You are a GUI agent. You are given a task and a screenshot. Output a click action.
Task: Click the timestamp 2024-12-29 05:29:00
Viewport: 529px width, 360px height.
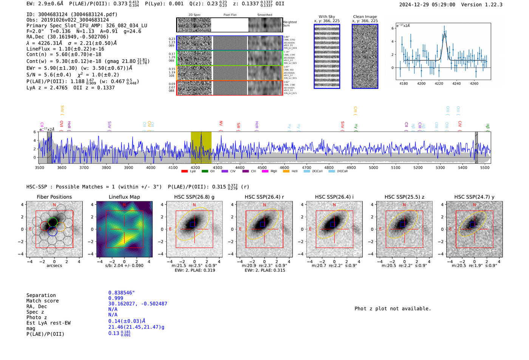[x=427, y=5]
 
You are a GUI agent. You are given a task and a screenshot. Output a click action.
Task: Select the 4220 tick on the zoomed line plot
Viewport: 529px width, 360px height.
[x=439, y=83]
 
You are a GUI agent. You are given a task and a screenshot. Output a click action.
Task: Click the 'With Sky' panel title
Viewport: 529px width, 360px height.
[x=327, y=17]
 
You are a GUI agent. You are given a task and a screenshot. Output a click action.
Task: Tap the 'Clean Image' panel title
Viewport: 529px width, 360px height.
[x=365, y=17]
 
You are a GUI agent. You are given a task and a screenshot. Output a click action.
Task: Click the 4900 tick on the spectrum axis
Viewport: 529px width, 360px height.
[x=351, y=167]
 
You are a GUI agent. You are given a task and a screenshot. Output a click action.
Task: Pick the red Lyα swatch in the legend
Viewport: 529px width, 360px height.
[x=184, y=171]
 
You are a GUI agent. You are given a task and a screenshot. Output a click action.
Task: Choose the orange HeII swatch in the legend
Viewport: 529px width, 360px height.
[x=286, y=171]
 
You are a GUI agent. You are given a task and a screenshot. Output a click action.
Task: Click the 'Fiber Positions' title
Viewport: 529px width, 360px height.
[x=54, y=197]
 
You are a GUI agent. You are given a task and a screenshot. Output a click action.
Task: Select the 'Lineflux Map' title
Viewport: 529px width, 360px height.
[x=124, y=197]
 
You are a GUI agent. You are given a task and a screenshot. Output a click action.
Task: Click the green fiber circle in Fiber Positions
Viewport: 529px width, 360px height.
[x=53, y=222]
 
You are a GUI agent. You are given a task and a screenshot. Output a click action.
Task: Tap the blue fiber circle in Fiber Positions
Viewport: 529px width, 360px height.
[x=53, y=231]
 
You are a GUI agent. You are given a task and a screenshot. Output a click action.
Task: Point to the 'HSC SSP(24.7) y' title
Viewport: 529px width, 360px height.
[x=474, y=197]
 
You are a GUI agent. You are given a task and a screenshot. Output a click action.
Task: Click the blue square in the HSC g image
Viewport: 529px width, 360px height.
[x=192, y=224]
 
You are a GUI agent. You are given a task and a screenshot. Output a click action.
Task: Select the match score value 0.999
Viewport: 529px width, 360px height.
[x=116, y=298]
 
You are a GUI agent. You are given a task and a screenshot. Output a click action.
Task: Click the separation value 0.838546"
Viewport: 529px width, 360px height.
[x=121, y=293]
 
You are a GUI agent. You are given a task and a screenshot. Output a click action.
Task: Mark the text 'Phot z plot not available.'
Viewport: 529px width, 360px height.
[x=393, y=309]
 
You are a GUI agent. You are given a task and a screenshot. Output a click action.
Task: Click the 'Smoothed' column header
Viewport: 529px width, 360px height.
[x=264, y=15]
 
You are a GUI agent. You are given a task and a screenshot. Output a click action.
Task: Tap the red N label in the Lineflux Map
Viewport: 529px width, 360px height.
[x=124, y=205]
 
